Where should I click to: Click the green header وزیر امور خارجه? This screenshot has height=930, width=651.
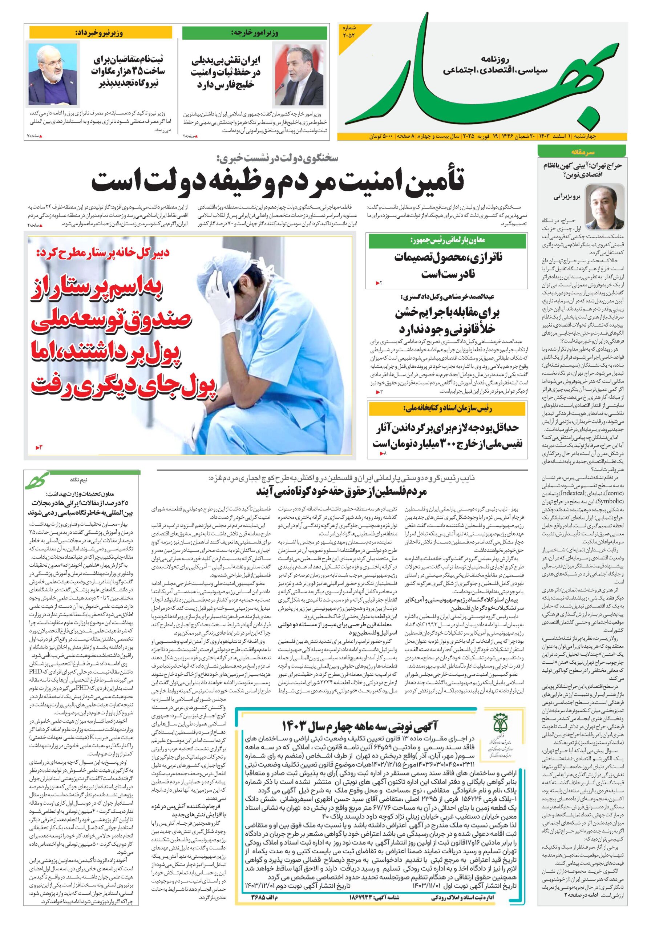(254, 33)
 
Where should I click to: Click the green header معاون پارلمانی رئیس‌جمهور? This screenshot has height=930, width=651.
(448, 240)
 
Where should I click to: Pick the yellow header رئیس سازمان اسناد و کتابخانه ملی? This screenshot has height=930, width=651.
(448, 409)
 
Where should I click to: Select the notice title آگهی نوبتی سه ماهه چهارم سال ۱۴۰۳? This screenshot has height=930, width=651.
(359, 725)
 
